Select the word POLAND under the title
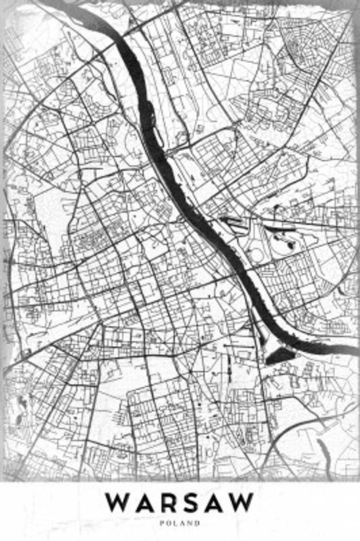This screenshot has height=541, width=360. [x=180, y=523]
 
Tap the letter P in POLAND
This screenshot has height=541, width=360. [x=162, y=523]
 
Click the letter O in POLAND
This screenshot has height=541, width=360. [x=169, y=523]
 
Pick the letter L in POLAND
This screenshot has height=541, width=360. [x=177, y=523]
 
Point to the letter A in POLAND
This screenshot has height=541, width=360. [x=183, y=523]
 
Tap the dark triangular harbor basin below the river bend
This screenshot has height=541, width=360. [x=279, y=355]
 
